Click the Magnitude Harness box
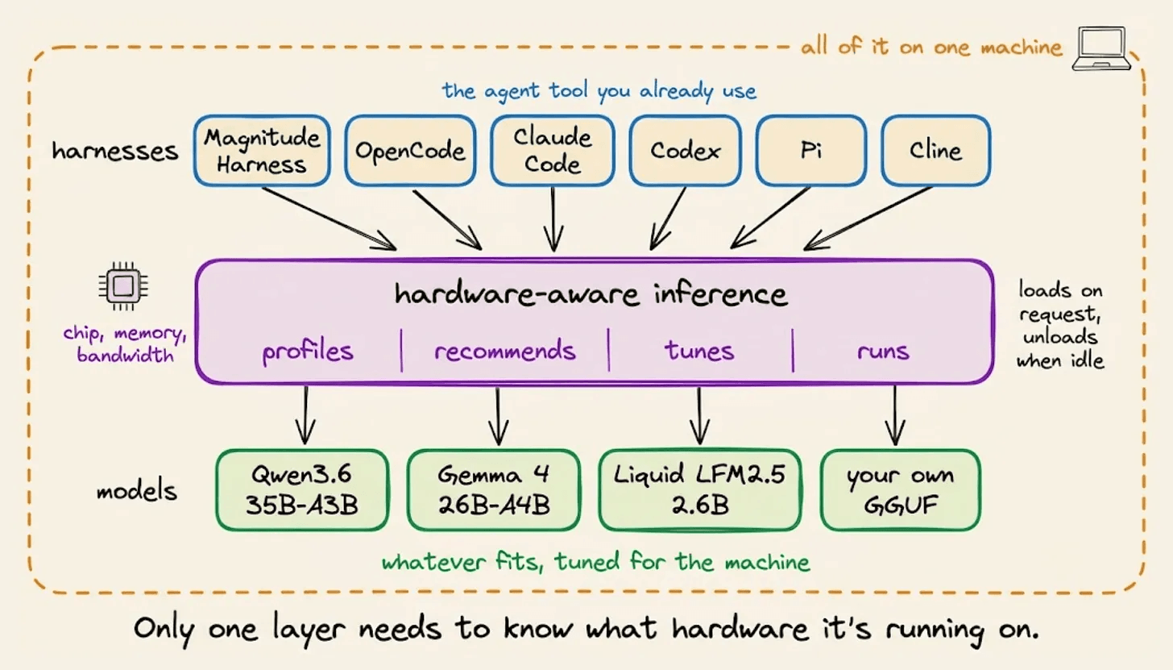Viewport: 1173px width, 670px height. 262,151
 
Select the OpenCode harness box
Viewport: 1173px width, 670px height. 410,151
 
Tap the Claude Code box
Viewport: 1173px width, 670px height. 553,151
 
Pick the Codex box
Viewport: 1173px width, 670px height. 685,151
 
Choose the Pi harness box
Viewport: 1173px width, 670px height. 810,151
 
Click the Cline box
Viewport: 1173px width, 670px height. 936,151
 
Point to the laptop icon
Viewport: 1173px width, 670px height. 1100,48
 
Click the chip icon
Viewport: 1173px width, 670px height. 123,286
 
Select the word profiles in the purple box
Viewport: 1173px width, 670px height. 308,352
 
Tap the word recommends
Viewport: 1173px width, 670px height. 505,350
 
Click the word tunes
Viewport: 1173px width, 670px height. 699,350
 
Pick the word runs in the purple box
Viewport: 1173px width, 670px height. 883,352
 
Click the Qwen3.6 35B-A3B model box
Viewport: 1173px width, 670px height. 302,490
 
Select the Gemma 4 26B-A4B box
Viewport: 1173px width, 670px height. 494,490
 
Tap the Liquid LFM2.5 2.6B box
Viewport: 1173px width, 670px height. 699,490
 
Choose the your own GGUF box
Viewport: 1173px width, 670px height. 900,490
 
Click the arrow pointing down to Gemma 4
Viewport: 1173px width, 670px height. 498,416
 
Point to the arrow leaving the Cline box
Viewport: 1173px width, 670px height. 868,218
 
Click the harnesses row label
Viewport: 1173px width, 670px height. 114,152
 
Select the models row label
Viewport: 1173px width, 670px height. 137,490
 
